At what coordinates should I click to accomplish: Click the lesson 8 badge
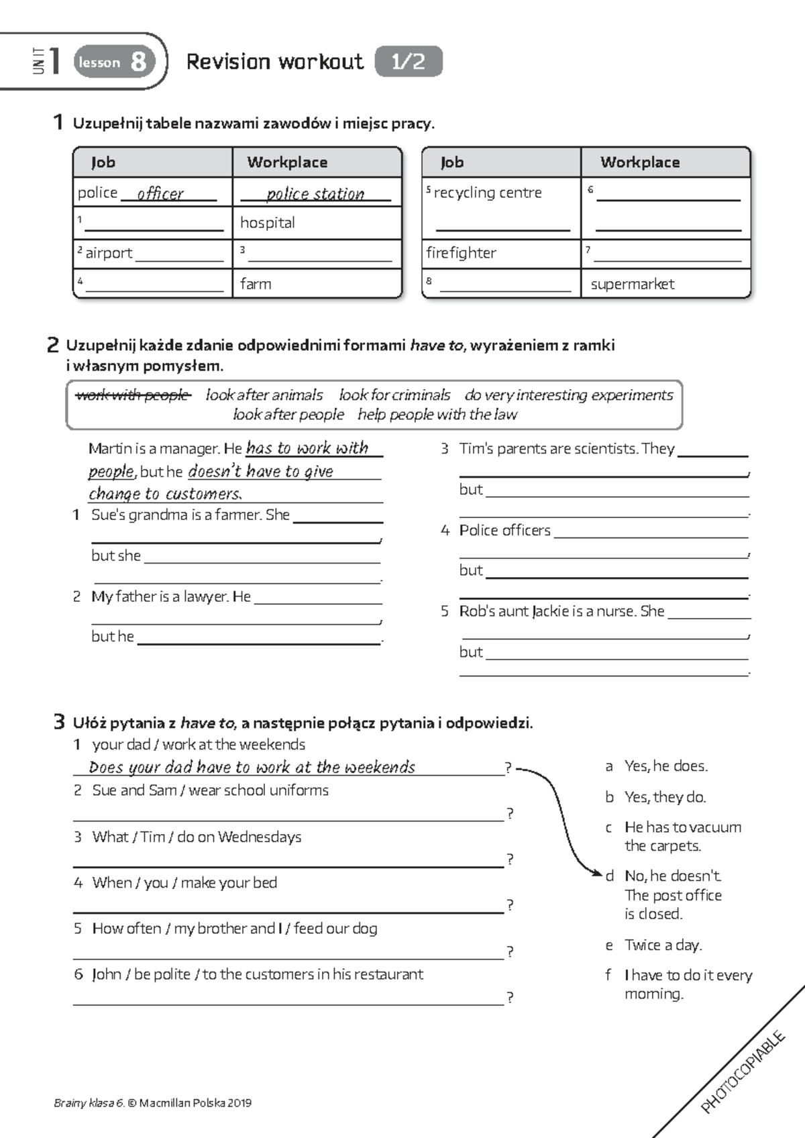113,62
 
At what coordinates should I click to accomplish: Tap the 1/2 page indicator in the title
408,62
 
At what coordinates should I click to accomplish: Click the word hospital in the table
267,223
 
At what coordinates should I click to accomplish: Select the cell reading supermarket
632,284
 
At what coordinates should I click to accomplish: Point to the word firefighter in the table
461,253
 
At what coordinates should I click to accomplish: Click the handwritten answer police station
315,194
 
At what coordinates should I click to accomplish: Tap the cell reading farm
256,284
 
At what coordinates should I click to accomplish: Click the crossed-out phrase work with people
133,395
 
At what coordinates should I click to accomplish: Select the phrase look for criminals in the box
394,395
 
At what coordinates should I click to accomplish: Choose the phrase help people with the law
437,415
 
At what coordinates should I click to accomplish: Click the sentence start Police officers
504,531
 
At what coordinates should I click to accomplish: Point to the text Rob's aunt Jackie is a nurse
561,611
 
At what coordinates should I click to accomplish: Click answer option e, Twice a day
662,945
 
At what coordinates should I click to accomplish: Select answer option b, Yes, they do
664,797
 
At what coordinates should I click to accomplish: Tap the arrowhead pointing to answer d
598,873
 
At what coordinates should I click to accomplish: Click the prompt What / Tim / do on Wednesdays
196,837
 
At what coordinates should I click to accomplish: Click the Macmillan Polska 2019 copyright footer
153,1102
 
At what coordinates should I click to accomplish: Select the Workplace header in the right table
639,162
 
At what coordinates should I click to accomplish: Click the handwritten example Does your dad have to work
252,767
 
